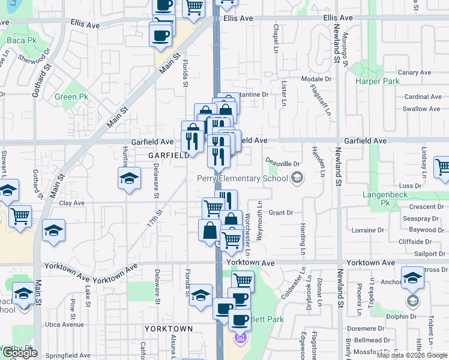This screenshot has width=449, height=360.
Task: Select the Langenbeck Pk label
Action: (384, 199)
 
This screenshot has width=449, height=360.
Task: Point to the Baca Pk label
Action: (17, 41)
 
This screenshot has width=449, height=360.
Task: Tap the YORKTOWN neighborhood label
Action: (168, 329)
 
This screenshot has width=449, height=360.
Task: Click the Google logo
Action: (20, 353)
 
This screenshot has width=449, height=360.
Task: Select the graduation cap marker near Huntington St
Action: (129, 178)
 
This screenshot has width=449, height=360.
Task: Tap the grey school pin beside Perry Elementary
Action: (297, 178)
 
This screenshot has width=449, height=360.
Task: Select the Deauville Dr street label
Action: (283, 163)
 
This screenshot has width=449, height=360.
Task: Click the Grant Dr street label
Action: (280, 212)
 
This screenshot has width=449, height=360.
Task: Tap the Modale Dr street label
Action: (316, 79)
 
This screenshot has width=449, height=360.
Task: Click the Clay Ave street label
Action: (71, 203)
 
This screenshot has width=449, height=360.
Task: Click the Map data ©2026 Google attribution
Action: (412, 355)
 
